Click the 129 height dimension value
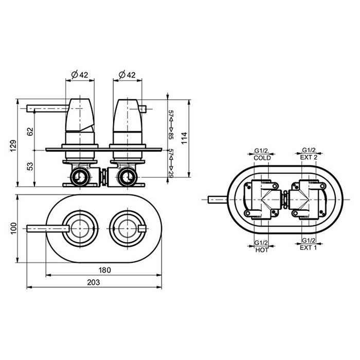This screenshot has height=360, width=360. [x=13, y=146]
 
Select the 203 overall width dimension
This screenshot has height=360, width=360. [x=94, y=282]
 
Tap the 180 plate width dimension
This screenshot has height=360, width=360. [x=105, y=270]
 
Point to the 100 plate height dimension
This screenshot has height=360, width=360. [x=13, y=228]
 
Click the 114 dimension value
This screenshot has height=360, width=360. [x=184, y=138]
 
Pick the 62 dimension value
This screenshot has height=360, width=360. [x=30, y=132]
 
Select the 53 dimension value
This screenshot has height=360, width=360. [x=30, y=166]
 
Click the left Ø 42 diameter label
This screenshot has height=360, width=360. [x=80, y=75]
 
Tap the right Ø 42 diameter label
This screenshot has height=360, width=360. [x=127, y=75]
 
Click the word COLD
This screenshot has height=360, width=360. [x=262, y=158]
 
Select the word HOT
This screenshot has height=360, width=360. [x=262, y=250]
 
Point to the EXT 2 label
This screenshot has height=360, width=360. [x=309, y=157]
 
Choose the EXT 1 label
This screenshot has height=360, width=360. [x=309, y=248]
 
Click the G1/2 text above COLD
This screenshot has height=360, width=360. [x=262, y=151]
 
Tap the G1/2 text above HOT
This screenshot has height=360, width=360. [x=261, y=243]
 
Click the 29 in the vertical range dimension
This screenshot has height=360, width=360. [x=171, y=174]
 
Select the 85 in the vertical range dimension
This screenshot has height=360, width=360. [x=171, y=136]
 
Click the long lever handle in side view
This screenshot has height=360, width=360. [x=48, y=109]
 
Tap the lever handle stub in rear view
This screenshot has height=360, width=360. [x=217, y=200]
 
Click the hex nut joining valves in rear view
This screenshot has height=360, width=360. [x=285, y=200]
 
